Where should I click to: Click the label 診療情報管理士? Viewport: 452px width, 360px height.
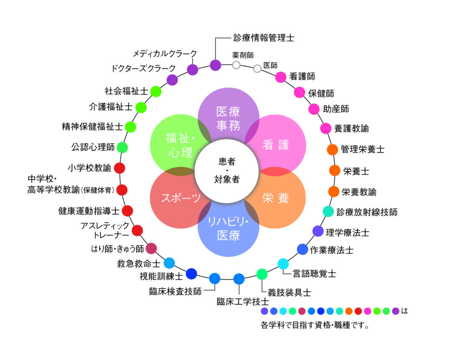(264, 38)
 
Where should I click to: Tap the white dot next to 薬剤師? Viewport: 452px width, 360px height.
(237, 65)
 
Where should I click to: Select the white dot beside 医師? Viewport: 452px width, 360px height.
(257, 68)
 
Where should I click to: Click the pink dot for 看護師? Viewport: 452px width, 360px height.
(281, 77)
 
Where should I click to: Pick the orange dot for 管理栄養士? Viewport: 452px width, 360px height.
(332, 150)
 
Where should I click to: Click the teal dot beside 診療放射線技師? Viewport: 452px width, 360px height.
(328, 212)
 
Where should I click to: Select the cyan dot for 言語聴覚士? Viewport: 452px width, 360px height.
(283, 264)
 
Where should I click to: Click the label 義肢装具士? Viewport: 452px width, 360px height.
(289, 292)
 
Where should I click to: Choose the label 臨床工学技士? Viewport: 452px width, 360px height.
(242, 302)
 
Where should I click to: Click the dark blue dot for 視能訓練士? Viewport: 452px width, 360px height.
(191, 274)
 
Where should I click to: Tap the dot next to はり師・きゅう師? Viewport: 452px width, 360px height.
(151, 248)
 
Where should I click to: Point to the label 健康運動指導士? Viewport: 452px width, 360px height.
(89, 211)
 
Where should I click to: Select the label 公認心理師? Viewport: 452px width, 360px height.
(93, 147)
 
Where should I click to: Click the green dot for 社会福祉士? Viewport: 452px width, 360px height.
(156, 91)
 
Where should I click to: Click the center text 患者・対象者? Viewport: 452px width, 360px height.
(226, 170)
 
